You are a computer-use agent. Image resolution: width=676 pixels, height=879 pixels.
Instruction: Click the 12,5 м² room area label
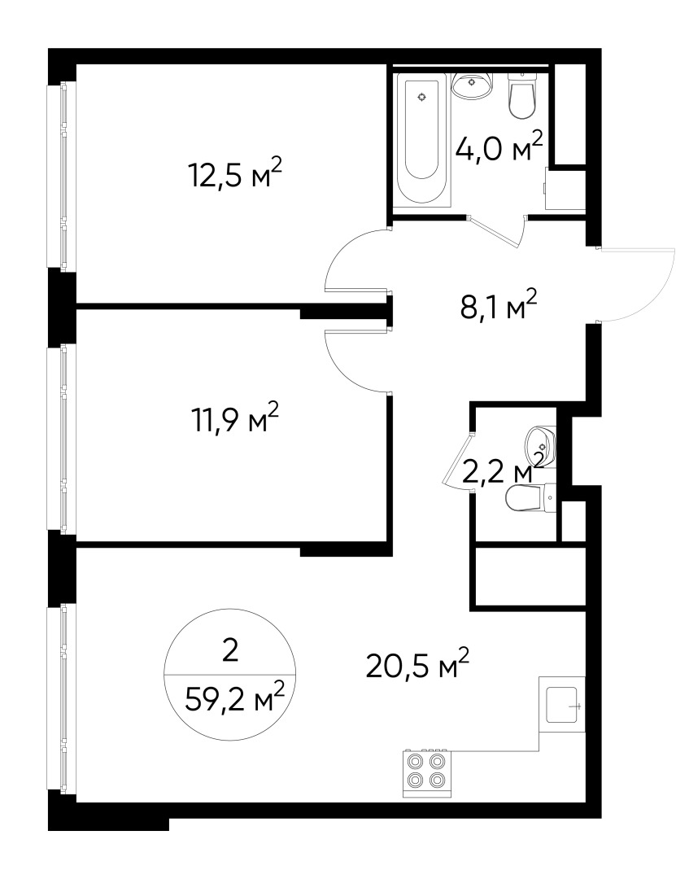point(234,173)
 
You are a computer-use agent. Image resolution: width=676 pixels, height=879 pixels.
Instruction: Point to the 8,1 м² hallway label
point(499,305)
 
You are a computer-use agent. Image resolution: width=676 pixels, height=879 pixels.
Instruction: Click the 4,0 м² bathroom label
point(499,146)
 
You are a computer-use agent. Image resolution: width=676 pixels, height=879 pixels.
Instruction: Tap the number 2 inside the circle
point(230,651)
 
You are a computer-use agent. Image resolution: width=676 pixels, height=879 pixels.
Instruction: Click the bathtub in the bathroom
point(421,140)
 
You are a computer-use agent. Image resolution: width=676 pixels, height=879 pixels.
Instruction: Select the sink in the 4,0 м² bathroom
point(472,85)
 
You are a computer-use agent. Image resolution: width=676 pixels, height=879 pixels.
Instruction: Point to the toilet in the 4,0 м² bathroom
point(521,95)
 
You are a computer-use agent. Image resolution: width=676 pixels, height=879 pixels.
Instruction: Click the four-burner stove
point(426,772)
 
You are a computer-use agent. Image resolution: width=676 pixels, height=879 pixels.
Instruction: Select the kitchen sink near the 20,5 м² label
point(562,703)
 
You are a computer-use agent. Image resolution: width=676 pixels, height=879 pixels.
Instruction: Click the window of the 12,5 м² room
point(62,176)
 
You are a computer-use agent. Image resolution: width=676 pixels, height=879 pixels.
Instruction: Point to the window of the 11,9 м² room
point(62,437)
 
